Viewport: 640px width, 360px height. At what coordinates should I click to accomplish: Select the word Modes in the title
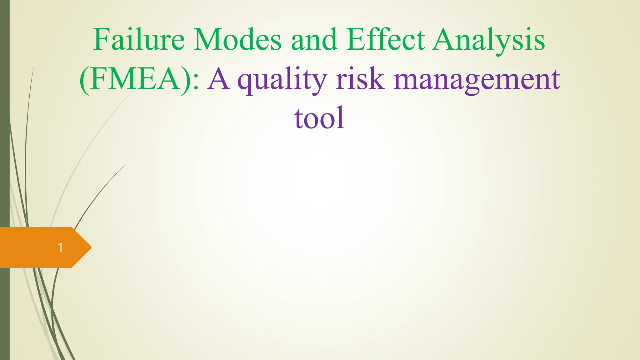(x=237, y=40)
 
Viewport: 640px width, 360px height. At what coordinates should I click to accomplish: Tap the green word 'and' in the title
(x=314, y=40)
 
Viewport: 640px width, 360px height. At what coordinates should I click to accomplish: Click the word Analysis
(x=489, y=40)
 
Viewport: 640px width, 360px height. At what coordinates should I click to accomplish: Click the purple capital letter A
(x=219, y=79)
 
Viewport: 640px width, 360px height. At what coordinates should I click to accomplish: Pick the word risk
(x=360, y=79)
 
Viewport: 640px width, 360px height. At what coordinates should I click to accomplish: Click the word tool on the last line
(x=319, y=118)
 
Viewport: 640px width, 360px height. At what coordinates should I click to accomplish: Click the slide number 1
(x=60, y=248)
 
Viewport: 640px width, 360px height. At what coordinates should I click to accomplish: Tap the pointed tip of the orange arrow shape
(x=90, y=247)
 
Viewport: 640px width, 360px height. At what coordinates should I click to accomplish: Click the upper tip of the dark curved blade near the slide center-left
(x=124, y=166)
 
